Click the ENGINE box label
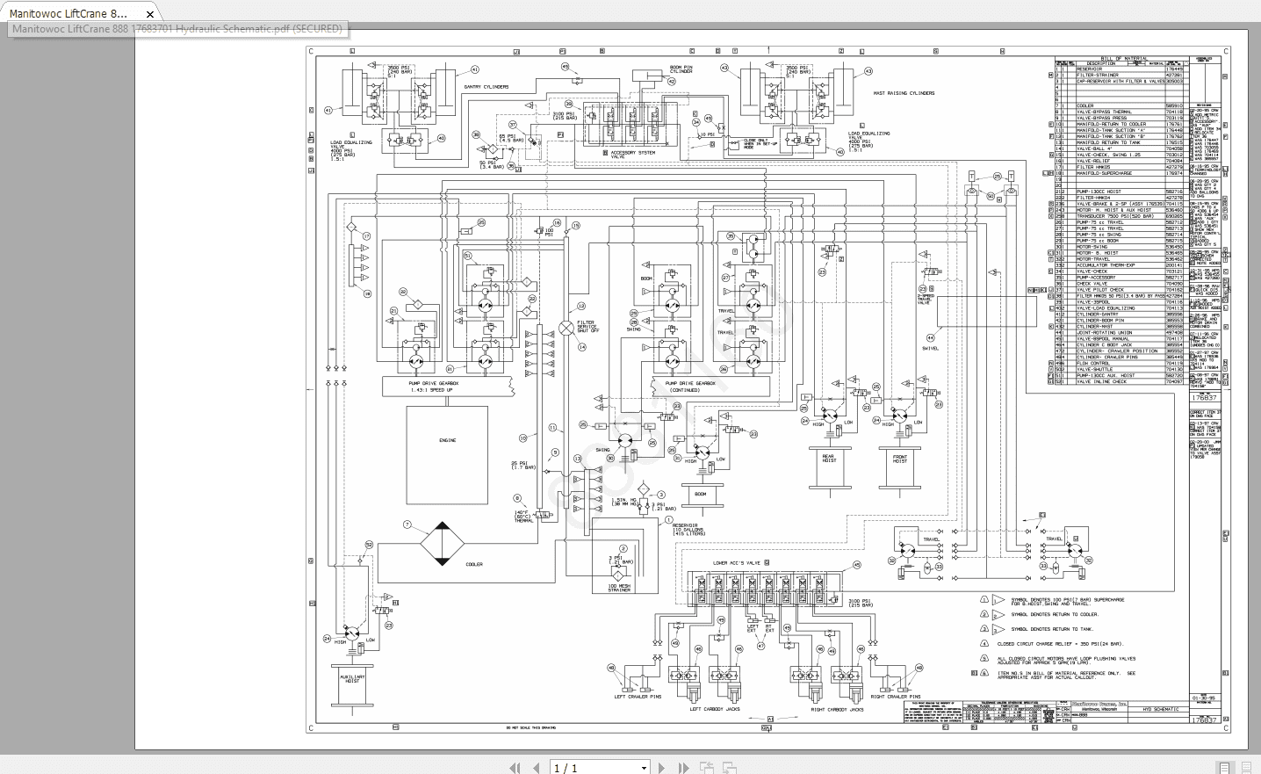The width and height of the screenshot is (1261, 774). (x=447, y=440)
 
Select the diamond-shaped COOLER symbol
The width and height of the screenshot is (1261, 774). (x=442, y=545)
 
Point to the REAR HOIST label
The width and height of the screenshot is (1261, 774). (x=828, y=459)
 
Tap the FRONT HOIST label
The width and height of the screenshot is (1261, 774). (x=900, y=459)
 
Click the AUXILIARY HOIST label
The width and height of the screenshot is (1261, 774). (x=351, y=679)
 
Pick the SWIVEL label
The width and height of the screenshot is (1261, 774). (x=930, y=349)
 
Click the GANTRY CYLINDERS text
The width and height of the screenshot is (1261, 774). (x=486, y=87)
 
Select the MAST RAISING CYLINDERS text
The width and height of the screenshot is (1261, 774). (x=904, y=93)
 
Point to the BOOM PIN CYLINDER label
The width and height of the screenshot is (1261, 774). (x=681, y=69)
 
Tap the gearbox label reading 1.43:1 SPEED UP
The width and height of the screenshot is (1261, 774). (x=433, y=390)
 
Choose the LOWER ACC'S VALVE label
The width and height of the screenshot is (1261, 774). (x=736, y=563)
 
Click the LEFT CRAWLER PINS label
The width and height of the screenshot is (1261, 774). (x=638, y=697)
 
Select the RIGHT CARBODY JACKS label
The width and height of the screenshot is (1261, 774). (x=837, y=709)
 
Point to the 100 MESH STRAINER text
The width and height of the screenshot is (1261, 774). (x=619, y=588)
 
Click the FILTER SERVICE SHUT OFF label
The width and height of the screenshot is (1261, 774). (x=587, y=327)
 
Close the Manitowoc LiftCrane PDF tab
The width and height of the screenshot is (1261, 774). (x=150, y=14)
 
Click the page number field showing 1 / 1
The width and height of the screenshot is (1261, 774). (x=599, y=768)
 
